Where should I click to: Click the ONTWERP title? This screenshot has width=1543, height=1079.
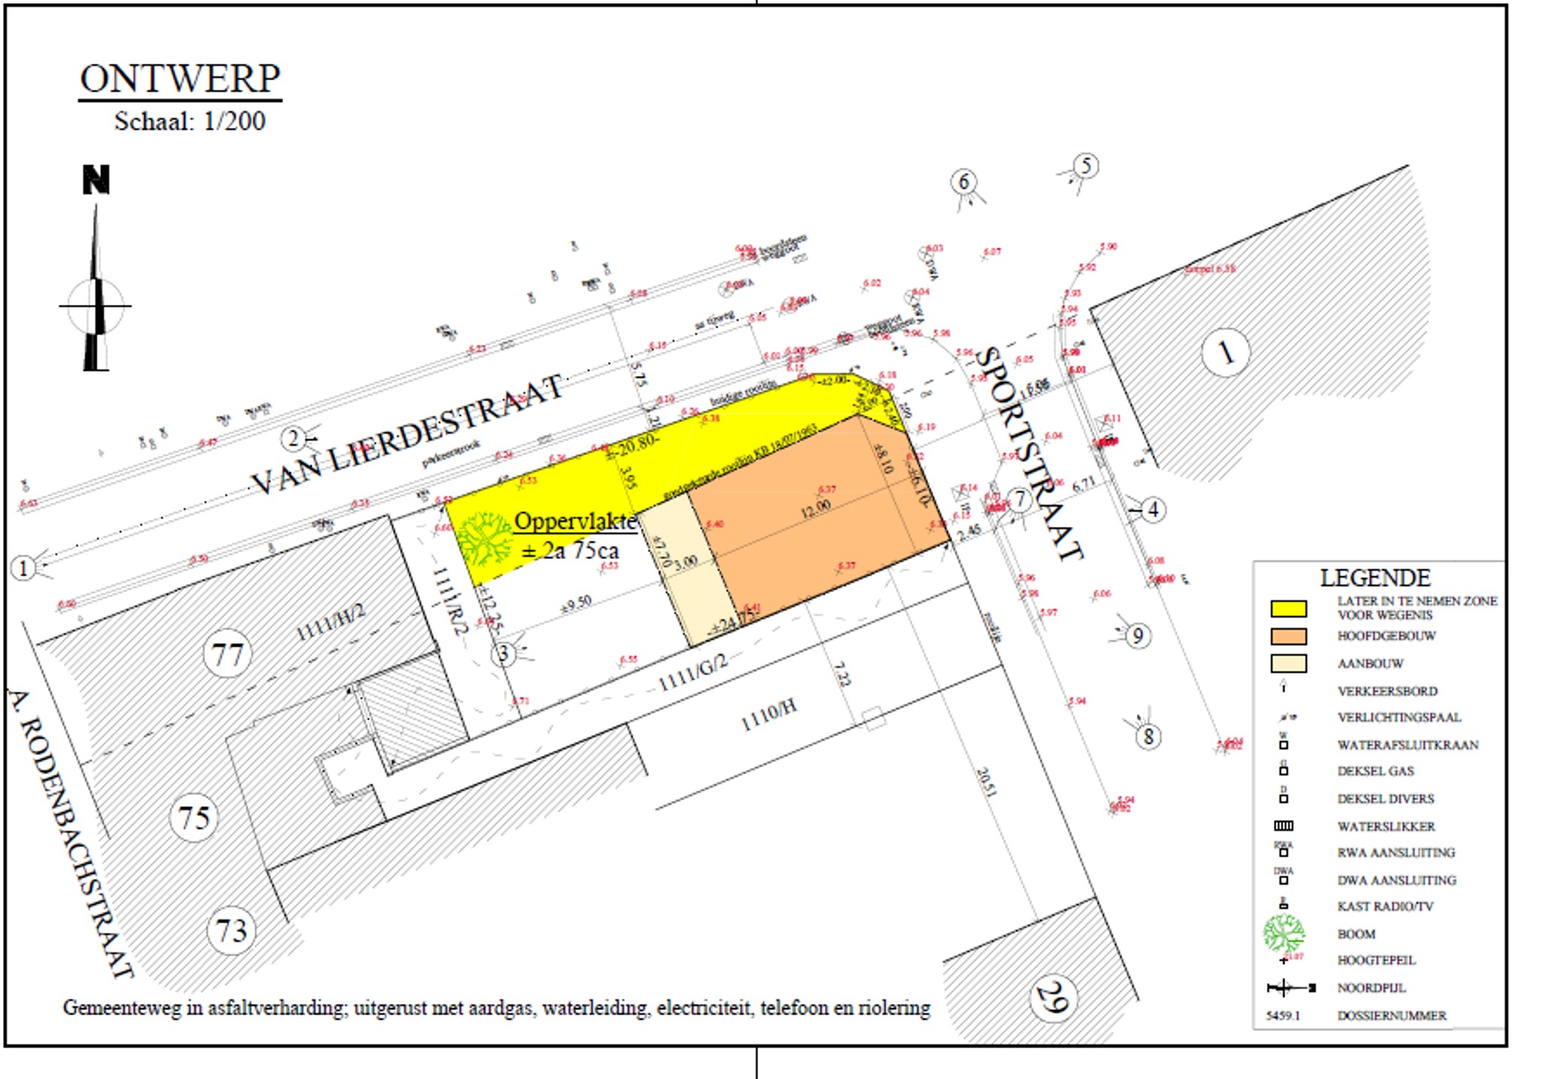click(x=180, y=79)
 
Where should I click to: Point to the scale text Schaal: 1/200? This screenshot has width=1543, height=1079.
click(x=190, y=121)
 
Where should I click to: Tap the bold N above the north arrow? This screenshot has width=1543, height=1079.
click(x=96, y=180)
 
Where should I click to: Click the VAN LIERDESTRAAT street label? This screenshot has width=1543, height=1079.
click(x=407, y=434)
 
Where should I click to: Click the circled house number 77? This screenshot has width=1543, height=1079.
click(x=227, y=654)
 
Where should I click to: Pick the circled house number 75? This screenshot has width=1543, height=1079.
click(x=194, y=817)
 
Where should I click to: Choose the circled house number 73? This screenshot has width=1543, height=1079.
click(x=231, y=931)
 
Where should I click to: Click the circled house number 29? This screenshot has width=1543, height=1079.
click(x=1053, y=997)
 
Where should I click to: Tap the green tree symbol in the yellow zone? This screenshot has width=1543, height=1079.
click(x=485, y=539)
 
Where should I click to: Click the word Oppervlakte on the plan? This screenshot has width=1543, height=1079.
click(x=575, y=522)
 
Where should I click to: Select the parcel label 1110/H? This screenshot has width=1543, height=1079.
click(x=769, y=715)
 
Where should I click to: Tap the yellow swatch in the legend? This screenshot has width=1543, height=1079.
click(x=1288, y=608)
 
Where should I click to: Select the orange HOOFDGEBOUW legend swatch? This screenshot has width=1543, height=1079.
click(x=1288, y=636)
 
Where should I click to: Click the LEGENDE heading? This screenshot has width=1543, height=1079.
click(x=1374, y=578)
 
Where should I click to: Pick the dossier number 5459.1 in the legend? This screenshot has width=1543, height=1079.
click(x=1283, y=1016)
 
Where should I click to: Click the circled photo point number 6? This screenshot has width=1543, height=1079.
click(x=964, y=181)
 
